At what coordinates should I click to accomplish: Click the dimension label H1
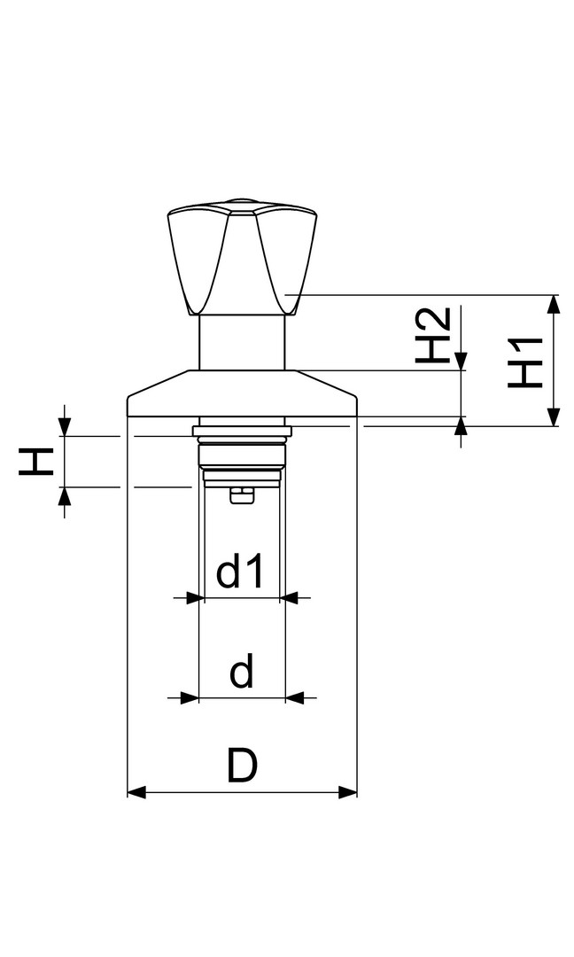click(525, 362)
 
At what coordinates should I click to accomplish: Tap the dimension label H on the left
click(36, 462)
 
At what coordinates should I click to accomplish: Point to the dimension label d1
click(240, 572)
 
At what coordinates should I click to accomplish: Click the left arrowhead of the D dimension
click(136, 793)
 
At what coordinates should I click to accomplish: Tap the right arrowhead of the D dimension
click(347, 793)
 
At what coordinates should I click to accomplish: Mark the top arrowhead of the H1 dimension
click(553, 304)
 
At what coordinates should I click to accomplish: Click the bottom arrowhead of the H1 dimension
click(553, 416)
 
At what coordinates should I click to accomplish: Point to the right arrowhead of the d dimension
click(295, 697)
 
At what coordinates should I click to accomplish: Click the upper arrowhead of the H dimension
click(65, 427)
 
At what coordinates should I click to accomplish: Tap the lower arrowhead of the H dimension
click(65, 496)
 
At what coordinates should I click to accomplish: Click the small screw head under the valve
click(242, 495)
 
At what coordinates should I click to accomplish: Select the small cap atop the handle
click(240, 201)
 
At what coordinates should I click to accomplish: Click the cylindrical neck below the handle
click(242, 342)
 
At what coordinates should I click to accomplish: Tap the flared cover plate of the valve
click(242, 393)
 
